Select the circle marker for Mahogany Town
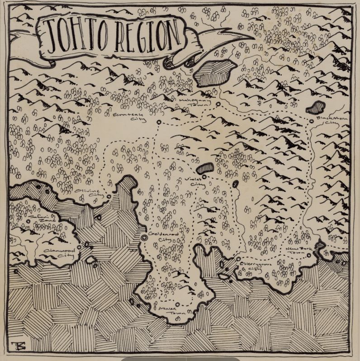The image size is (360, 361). pyautogui.click(x=218, y=104)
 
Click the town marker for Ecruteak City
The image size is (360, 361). pyautogui.click(x=159, y=122)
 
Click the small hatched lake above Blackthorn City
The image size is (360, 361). pyautogui.click(x=316, y=109)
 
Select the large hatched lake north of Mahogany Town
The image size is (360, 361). pyautogui.click(x=215, y=72)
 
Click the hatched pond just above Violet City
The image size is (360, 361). pyautogui.click(x=206, y=168)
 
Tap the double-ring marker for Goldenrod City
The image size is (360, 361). pyautogui.click(x=144, y=237)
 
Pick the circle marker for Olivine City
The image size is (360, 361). pyautogui.click(x=109, y=197)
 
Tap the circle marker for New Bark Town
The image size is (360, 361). pyautogui.click(x=309, y=255)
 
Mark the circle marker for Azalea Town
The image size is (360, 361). pyautogui.click(x=178, y=304)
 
